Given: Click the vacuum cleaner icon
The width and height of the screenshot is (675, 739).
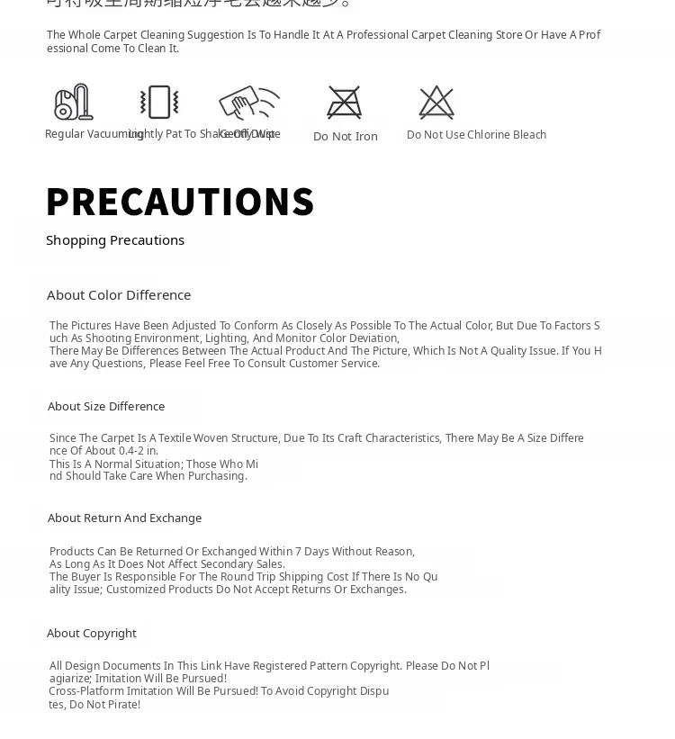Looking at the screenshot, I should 74,103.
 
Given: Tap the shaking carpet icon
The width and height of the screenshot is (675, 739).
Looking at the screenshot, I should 159,103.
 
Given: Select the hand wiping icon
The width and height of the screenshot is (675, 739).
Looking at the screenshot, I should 248,102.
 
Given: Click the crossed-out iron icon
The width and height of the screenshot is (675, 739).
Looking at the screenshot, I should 345,103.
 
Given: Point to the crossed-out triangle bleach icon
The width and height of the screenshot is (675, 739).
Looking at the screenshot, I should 436,103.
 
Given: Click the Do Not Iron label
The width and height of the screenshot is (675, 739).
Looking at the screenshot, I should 346,137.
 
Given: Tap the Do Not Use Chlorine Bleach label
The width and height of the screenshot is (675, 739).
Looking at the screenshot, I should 476,135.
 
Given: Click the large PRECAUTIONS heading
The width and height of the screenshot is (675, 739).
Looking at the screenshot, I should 180,202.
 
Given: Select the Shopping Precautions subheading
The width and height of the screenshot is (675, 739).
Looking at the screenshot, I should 115,240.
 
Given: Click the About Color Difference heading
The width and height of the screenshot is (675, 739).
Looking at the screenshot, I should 119,295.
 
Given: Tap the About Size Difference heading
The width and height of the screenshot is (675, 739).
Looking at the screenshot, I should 106,407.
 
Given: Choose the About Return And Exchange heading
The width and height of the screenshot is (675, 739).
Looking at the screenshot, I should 124,518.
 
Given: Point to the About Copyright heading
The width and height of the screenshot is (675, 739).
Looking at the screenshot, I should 92,634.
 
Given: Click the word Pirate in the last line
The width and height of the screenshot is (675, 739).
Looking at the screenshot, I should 121,705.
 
